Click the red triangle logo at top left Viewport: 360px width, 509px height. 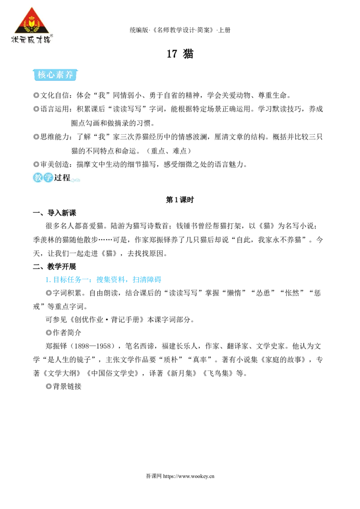[32, 21]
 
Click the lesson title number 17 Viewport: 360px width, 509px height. [172, 54]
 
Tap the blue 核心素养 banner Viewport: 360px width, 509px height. [55, 75]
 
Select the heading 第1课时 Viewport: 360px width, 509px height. [180, 200]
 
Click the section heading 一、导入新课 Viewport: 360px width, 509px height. [54, 213]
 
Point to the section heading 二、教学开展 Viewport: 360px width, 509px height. [54, 267]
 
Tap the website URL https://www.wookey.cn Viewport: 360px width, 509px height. [189, 476]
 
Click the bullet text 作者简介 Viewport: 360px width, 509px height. [67, 333]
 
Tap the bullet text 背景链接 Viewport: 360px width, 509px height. [67, 386]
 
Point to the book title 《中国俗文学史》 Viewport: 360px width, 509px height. [113, 373]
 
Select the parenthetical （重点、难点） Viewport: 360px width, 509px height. [169, 151]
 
